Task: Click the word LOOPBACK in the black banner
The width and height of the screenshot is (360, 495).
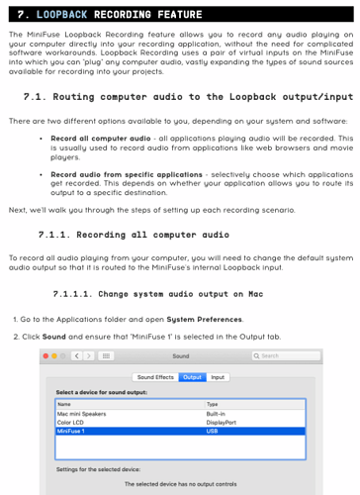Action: pyautogui.click(x=61, y=15)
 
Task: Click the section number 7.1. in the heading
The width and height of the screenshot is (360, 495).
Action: pyautogui.click(x=35, y=97)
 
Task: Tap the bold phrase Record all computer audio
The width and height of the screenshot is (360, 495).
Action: pyautogui.click(x=101, y=139)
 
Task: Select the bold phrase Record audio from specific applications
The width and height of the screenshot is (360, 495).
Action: pyautogui.click(x=127, y=174)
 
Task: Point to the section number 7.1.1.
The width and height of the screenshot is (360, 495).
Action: pyautogui.click(x=54, y=235)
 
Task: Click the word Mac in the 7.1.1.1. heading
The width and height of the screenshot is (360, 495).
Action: pyautogui.click(x=256, y=294)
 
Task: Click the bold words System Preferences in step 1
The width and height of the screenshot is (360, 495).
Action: pyautogui.click(x=204, y=320)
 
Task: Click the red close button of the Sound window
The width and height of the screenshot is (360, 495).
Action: pyautogui.click(x=45, y=355)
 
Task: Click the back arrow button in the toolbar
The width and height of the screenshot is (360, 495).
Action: pyautogui.click(x=77, y=355)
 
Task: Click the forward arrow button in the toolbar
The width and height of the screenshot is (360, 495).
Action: pyautogui.click(x=88, y=355)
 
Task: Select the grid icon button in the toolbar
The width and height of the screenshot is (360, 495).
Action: pyautogui.click(x=106, y=355)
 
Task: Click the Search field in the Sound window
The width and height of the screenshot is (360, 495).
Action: pyautogui.click(x=286, y=355)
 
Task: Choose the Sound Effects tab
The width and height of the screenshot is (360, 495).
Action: pyautogui.click(x=155, y=377)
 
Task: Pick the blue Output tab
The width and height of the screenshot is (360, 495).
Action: pyautogui.click(x=192, y=377)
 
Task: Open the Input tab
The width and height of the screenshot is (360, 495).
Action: pyautogui.click(x=218, y=377)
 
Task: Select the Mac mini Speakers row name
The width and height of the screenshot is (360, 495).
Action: pyautogui.click(x=81, y=414)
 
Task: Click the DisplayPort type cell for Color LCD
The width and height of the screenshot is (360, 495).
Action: pyautogui.click(x=222, y=423)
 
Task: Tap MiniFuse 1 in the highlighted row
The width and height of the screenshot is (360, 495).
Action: pyautogui.click(x=70, y=431)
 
